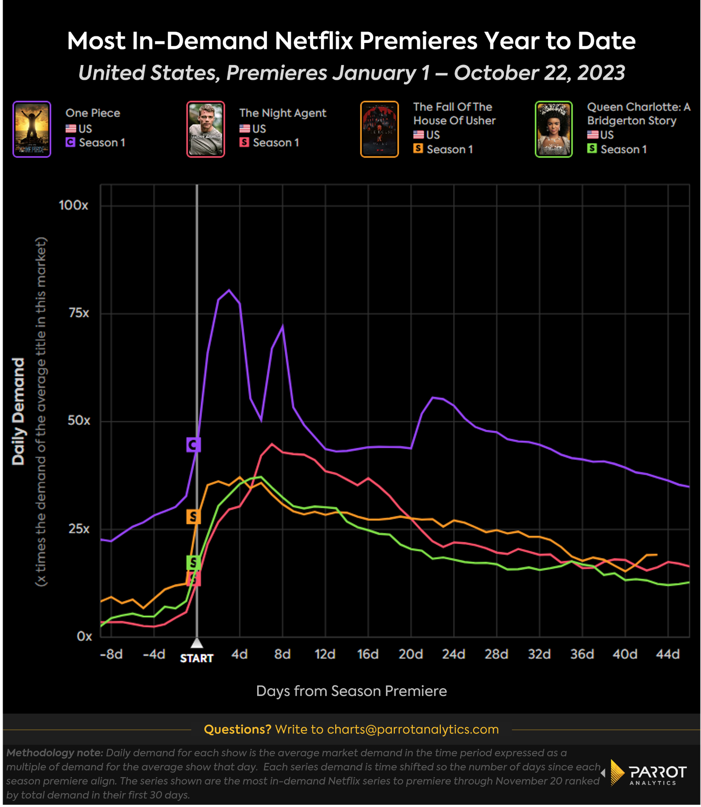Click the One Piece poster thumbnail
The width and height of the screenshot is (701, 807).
[32, 129]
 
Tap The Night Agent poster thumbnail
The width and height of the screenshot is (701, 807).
[205, 129]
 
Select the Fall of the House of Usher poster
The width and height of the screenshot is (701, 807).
[379, 129]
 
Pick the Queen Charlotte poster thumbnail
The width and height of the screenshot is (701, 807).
[553, 129]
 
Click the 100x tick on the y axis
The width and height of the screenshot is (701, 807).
[73, 205]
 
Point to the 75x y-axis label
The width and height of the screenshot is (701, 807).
[79, 313]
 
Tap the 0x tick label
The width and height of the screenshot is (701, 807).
[84, 636]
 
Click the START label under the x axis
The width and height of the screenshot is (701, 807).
[197, 658]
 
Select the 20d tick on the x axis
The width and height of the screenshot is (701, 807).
[411, 654]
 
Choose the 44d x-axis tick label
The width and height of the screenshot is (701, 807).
[667, 654]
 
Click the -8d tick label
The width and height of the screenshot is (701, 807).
[111, 654]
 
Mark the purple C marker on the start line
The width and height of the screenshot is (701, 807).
[193, 445]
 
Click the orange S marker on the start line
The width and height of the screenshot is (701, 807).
[193, 517]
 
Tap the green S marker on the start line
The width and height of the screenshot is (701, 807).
[193, 562]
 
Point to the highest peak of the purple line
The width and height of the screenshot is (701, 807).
[229, 290]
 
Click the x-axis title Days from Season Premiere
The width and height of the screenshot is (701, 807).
[351, 691]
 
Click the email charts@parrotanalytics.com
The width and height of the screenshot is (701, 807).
[413, 729]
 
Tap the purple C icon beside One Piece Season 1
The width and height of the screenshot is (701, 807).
[70, 142]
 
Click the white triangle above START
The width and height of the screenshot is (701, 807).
[197, 643]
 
